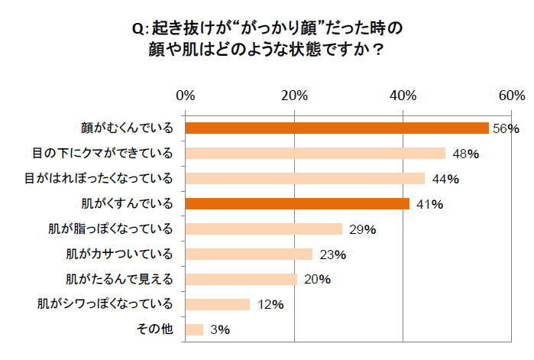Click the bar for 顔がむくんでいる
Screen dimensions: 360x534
336,128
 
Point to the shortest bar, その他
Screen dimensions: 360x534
194,329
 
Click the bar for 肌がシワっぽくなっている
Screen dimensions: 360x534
217,304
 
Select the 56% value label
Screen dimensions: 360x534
505,128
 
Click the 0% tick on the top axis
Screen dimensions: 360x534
185,96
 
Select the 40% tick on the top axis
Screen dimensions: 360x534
403,96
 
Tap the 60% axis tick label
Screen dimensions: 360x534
511,96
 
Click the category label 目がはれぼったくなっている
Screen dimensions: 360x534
100,178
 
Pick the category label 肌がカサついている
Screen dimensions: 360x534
121,254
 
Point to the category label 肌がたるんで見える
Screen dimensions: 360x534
121,279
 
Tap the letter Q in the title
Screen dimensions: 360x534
137,28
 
